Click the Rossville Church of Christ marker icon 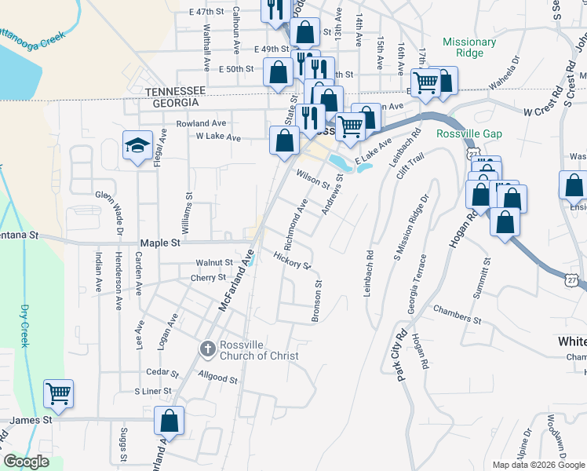(207, 348)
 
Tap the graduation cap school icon (137, 146)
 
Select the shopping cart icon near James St (59, 392)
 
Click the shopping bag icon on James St (169, 421)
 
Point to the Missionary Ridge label (469, 48)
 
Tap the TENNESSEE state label (175, 91)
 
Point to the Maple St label (159, 243)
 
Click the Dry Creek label (25, 326)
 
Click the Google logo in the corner (26, 462)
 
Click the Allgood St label (218, 378)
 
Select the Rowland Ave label (201, 123)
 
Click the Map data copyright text (538, 465)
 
